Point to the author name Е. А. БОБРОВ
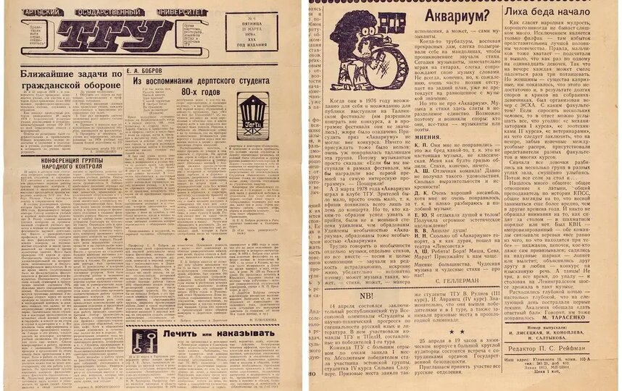pyautogui.click(x=152, y=71)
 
